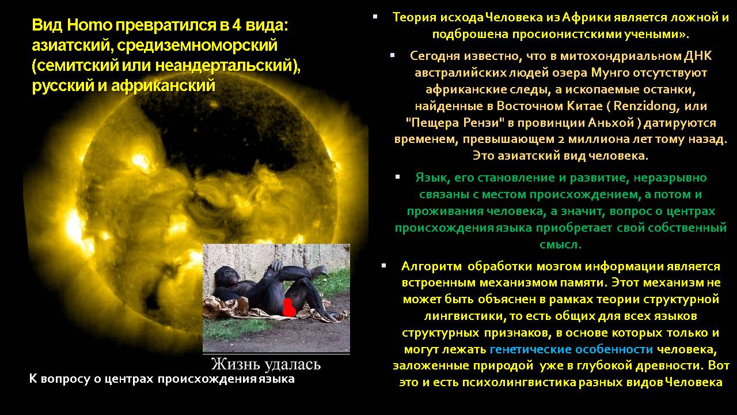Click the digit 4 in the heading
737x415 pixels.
pos(237,25)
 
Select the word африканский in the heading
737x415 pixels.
pos(163,86)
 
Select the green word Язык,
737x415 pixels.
pos(432,178)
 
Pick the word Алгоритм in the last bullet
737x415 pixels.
pos(431,266)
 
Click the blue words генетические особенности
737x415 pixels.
pos(572,349)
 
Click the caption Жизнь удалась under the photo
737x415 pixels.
pos(266,364)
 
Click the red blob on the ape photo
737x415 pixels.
pos(288,308)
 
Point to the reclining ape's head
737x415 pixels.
pos(226,275)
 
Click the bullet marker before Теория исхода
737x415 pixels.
pos(375,16)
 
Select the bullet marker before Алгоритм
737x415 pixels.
pos(383,266)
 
